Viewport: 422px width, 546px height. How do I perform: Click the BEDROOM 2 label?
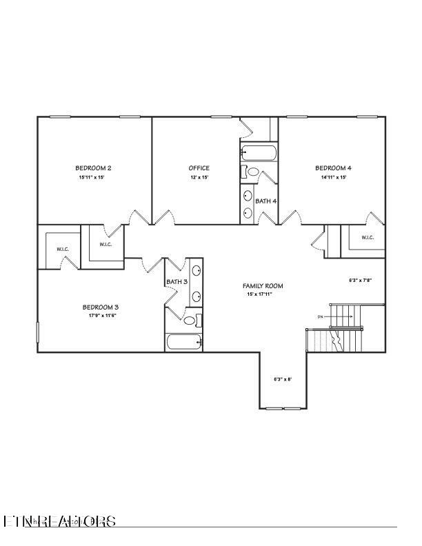click(x=93, y=168)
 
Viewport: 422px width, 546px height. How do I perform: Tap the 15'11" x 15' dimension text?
click(x=93, y=177)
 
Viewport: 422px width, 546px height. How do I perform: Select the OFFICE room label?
click(x=199, y=168)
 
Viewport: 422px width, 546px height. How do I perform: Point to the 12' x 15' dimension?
click(x=199, y=177)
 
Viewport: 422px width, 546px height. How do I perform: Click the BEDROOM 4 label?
click(x=333, y=168)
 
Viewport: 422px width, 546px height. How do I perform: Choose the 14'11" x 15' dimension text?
click(x=333, y=177)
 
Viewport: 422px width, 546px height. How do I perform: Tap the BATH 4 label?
click(x=266, y=201)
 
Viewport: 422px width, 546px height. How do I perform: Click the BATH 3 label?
click(x=177, y=281)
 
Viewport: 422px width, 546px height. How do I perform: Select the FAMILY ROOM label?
click(x=263, y=285)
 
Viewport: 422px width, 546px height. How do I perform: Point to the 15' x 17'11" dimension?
click(x=263, y=294)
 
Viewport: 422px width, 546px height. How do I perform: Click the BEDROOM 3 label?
click(x=101, y=307)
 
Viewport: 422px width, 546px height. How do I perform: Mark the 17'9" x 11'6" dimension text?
click(x=101, y=316)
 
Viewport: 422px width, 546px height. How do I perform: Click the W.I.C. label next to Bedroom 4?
click(x=367, y=238)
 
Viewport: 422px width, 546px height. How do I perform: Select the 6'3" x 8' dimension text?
click(x=283, y=379)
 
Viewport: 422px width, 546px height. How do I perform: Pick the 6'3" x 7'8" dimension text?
click(x=361, y=281)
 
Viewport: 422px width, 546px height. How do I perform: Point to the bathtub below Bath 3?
click(x=184, y=341)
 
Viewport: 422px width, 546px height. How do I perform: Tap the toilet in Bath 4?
click(x=252, y=172)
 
